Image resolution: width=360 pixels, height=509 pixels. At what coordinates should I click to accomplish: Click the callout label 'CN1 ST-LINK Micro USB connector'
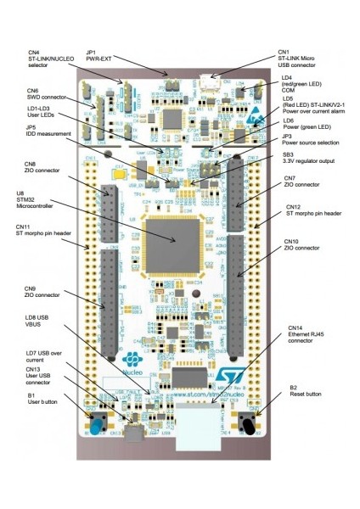click(307, 57)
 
